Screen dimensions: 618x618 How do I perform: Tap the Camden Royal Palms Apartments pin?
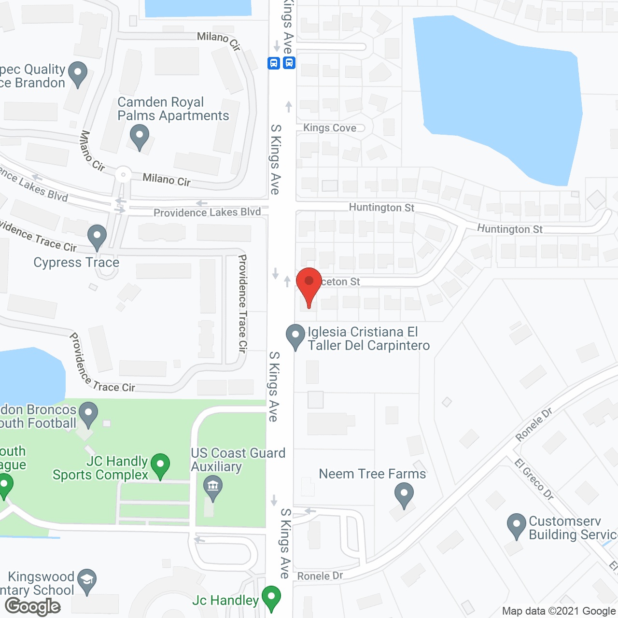point(140,136)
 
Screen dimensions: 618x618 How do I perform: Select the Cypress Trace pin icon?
point(97,237)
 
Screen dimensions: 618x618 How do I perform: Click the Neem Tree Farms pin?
point(404,495)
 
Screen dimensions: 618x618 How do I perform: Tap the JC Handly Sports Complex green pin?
point(160,465)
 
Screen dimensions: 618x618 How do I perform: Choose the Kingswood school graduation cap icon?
point(87,581)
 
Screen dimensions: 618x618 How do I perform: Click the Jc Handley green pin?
point(271,598)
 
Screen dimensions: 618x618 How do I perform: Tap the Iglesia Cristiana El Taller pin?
point(295,336)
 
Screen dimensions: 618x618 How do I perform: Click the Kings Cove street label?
point(330,128)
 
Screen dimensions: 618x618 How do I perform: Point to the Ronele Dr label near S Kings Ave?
point(320,576)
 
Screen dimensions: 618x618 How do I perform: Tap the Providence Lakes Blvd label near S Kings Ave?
point(207,212)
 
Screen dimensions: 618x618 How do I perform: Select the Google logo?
point(33,606)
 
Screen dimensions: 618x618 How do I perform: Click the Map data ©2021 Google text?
point(559,611)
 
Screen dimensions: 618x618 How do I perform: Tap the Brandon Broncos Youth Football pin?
point(88,414)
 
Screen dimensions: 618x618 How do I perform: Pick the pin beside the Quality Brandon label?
point(78,74)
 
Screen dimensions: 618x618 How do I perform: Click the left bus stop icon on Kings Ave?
point(274,63)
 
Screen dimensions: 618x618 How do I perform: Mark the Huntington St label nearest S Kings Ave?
point(381,208)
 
